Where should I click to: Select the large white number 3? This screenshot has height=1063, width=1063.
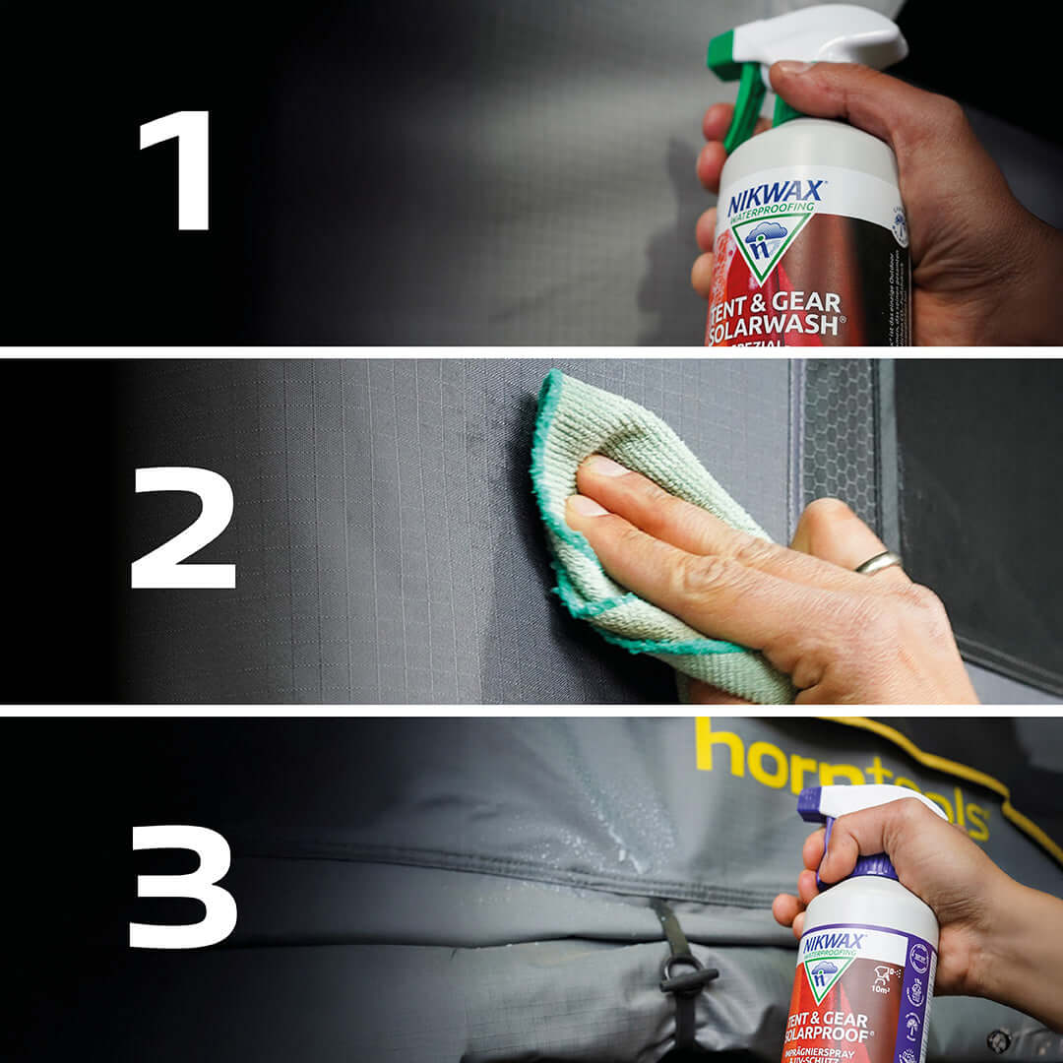click(x=184, y=886)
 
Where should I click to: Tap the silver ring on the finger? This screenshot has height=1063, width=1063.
click(x=878, y=563)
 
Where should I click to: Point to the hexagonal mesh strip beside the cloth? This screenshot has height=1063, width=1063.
click(x=839, y=443)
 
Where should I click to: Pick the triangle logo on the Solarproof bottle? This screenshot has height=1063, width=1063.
click(x=829, y=978)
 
